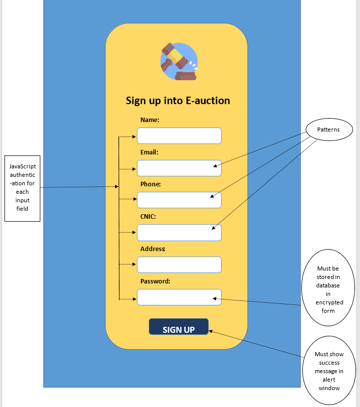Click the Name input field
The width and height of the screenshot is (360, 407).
click(179, 136)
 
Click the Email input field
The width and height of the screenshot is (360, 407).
click(179, 168)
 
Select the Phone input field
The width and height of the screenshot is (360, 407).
click(179, 200)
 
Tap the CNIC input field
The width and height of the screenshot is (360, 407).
click(179, 233)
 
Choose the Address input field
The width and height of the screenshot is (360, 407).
click(179, 265)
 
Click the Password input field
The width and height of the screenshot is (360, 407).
click(179, 297)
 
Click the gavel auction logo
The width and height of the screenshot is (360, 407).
click(179, 61)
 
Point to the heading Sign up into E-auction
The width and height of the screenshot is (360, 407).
click(178, 101)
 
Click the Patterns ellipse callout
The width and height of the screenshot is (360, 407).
click(328, 130)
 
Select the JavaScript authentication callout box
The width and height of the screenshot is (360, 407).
click(22, 187)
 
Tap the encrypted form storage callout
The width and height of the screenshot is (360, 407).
click(328, 289)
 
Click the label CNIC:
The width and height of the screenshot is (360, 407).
click(148, 217)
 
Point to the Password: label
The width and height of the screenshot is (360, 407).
click(155, 281)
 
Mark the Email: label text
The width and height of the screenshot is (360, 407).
click(149, 152)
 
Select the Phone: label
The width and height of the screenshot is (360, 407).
click(150, 184)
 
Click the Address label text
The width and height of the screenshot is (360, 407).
click(152, 249)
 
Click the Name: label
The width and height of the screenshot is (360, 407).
click(150, 120)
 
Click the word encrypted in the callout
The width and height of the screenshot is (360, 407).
click(329, 302)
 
